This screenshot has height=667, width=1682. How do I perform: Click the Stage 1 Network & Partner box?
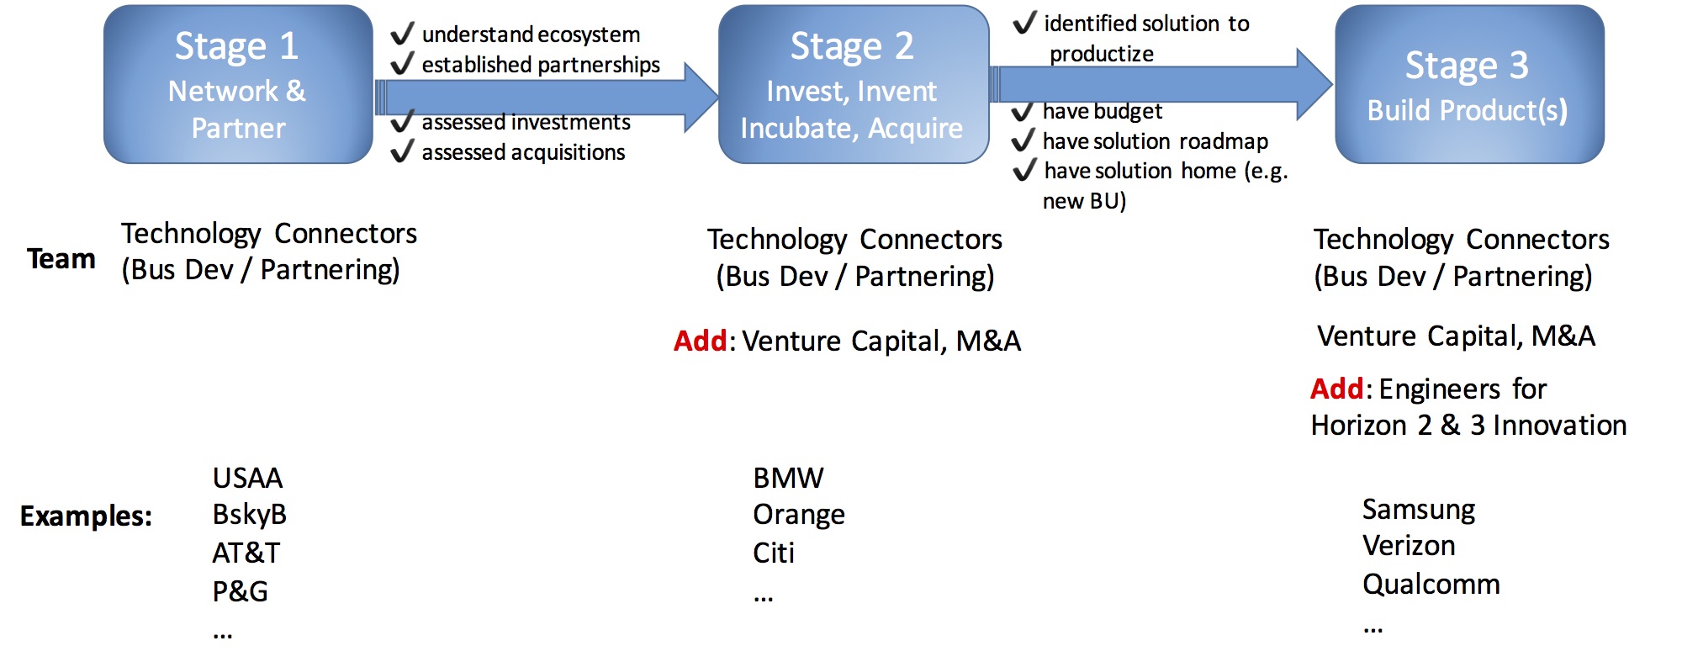click(x=238, y=84)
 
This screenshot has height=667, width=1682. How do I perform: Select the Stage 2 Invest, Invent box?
click(x=853, y=84)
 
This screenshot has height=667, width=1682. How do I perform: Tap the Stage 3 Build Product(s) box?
click(x=1468, y=84)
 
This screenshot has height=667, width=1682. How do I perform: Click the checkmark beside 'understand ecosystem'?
click(x=403, y=34)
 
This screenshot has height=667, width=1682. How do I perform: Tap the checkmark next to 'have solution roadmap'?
click(x=1023, y=140)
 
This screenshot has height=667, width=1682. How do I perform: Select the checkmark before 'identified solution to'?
click(x=1024, y=23)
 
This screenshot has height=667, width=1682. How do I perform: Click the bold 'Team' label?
click(x=61, y=259)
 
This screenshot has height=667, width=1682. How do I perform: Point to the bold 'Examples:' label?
click(x=86, y=516)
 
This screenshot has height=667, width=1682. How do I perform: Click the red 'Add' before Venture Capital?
click(x=700, y=341)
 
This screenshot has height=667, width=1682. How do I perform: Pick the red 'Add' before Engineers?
click(x=1337, y=389)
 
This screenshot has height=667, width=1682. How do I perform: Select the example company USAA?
click(x=247, y=478)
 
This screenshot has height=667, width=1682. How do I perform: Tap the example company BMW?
click(x=788, y=478)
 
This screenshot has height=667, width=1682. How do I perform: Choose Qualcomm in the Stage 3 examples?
click(x=1431, y=584)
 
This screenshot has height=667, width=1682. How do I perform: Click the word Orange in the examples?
click(x=799, y=514)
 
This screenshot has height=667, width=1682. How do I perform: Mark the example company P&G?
click(x=240, y=591)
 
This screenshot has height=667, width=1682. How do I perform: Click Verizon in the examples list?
click(x=1409, y=546)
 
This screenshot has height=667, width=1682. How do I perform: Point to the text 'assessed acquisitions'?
click(x=523, y=152)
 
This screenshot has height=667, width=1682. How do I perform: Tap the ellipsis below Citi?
click(x=763, y=598)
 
